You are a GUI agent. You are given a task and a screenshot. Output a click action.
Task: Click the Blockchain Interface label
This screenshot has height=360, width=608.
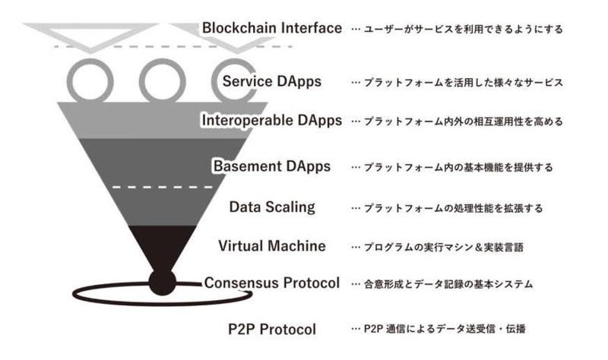(272, 29)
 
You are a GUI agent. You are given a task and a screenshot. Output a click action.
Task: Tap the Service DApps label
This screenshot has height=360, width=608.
(272, 81)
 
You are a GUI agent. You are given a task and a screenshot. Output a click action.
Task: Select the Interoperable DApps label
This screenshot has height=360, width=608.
(272, 120)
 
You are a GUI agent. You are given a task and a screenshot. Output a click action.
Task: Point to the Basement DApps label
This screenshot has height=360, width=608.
(272, 166)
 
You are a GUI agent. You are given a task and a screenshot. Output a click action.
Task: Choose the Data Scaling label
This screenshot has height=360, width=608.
(272, 206)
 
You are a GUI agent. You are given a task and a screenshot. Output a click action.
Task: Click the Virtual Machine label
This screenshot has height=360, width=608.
(272, 245)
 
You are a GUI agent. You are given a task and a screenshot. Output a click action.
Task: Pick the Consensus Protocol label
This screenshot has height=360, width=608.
(272, 283)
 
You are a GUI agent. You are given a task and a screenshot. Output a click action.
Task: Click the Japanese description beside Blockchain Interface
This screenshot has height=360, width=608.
(456, 30)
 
